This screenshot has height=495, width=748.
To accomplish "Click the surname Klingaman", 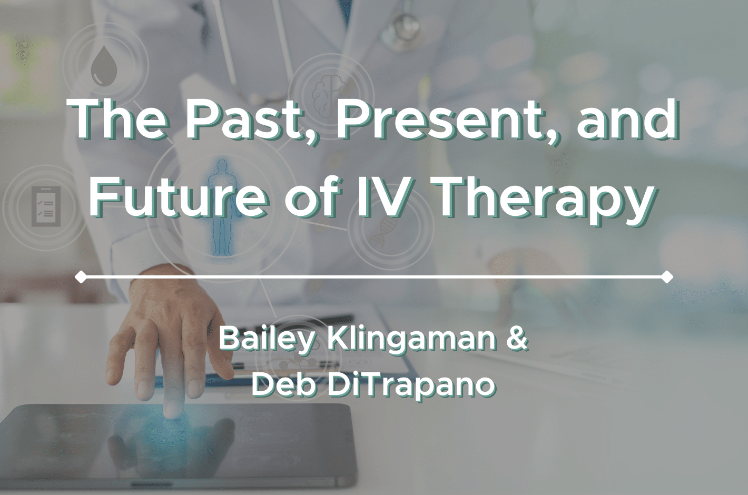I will (411, 340).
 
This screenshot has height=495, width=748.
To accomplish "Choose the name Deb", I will (284, 385).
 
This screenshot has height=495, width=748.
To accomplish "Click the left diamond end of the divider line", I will (81, 276).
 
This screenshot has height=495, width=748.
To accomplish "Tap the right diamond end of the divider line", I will (667, 276).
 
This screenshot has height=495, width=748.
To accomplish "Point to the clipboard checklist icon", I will (46, 206).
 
